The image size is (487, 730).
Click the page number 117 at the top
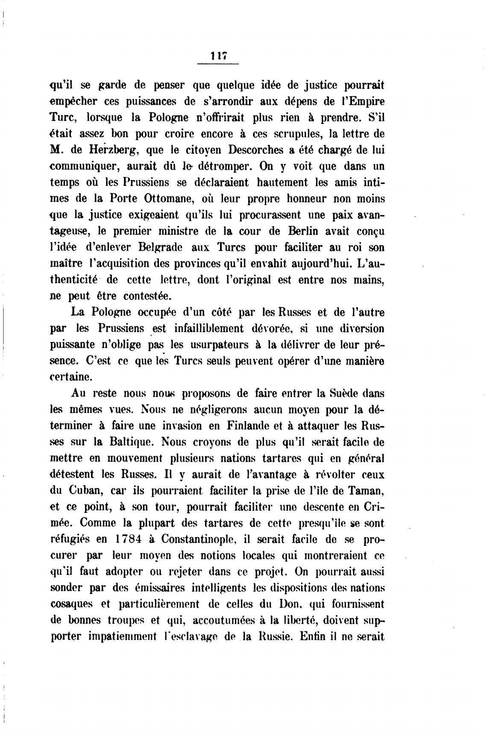217,56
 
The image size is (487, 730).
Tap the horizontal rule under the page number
217,64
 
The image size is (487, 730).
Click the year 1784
129,539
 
